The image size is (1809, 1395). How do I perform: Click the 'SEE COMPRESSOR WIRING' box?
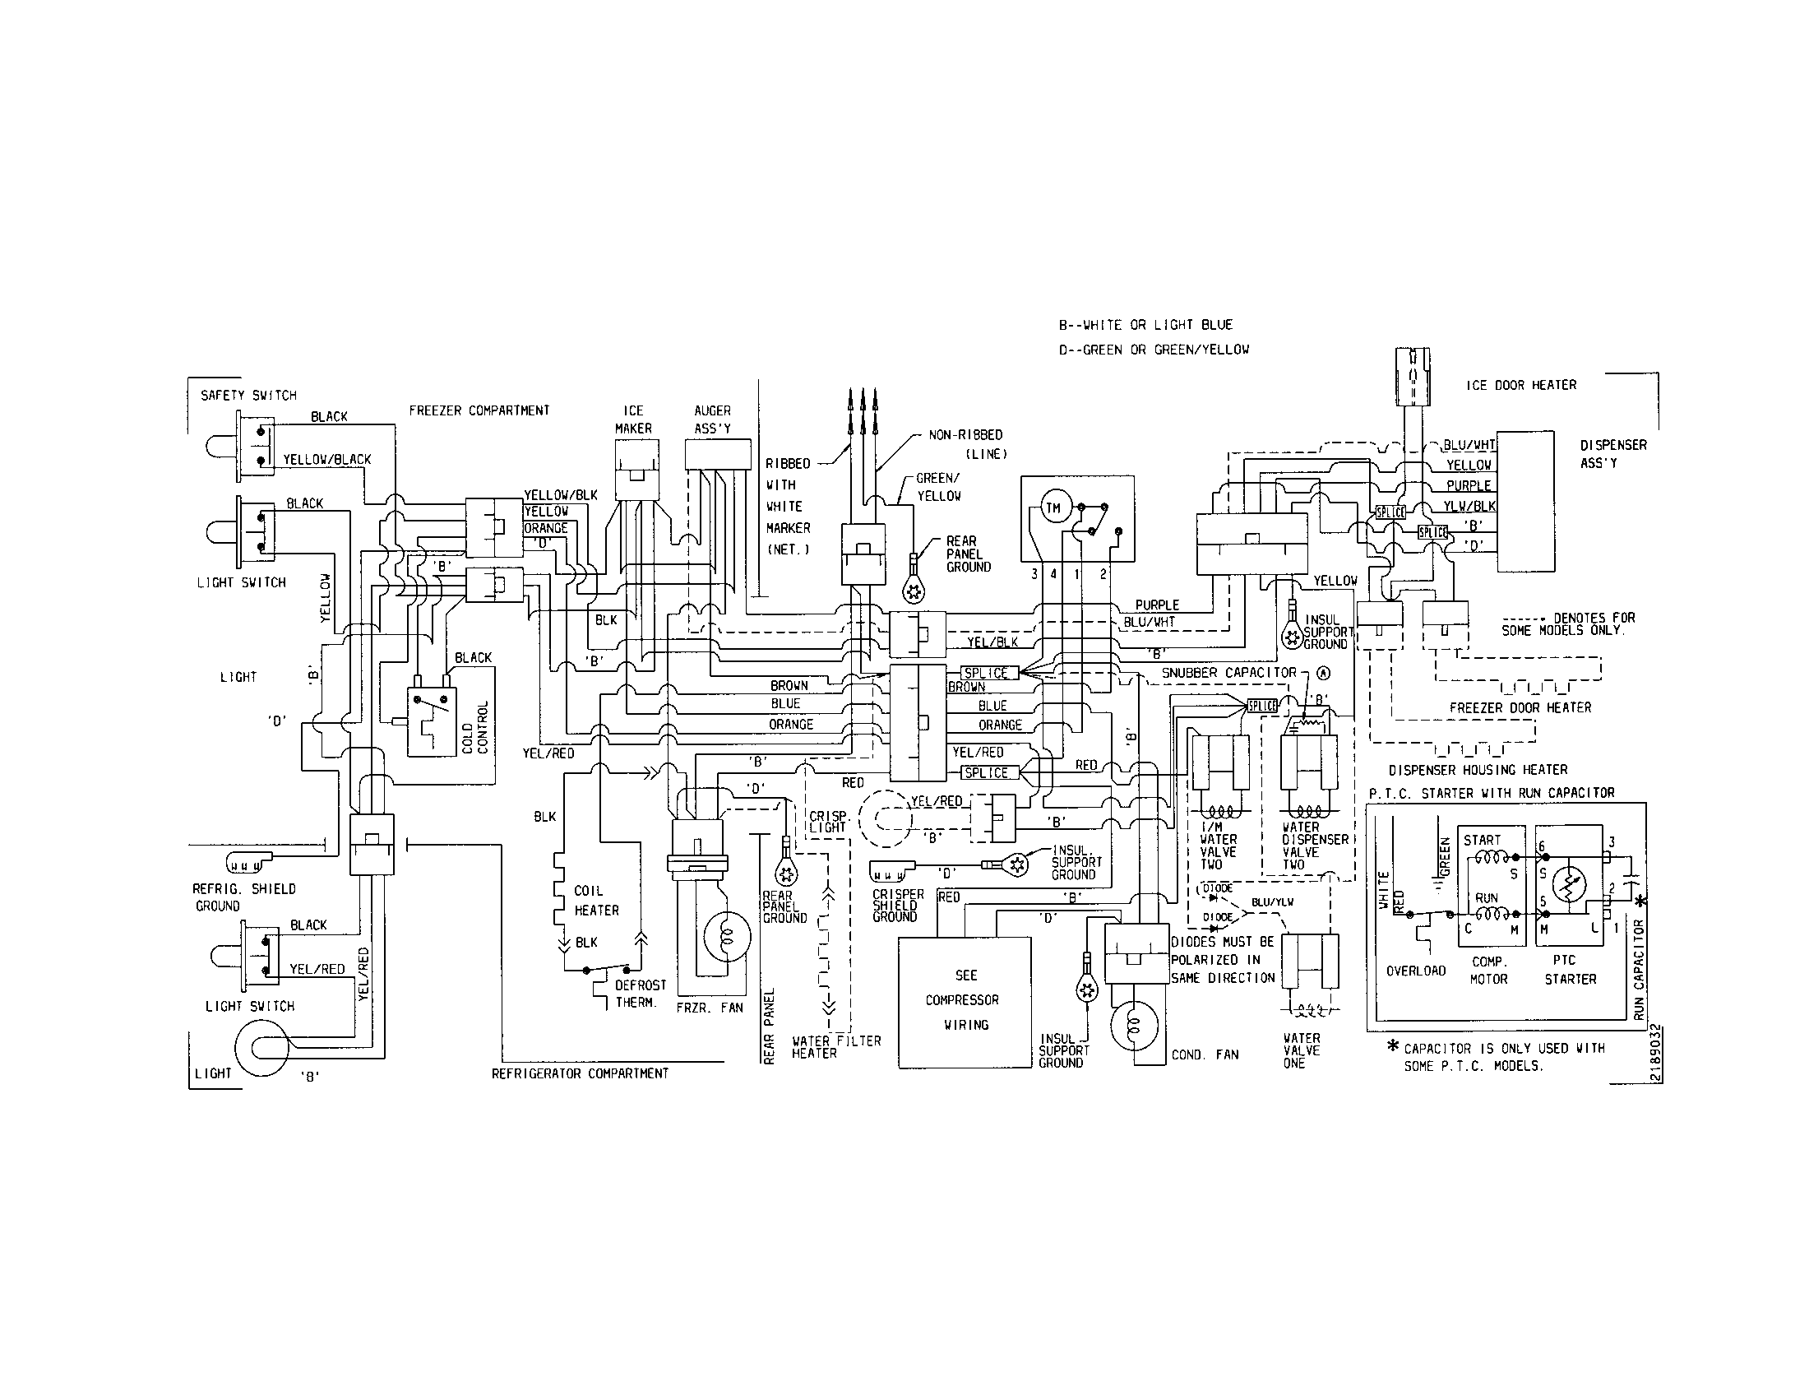[965, 1002]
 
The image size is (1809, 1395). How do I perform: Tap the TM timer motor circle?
[1053, 508]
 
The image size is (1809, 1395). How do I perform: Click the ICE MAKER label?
[633, 419]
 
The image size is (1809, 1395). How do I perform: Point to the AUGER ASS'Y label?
[712, 419]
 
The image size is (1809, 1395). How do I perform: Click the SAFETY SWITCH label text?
[248, 395]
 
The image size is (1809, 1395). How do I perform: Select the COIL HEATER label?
[596, 901]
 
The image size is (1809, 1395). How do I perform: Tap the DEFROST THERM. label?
[640, 994]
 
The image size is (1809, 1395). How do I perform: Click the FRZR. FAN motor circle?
[724, 936]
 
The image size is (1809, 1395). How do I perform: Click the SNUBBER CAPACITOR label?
[1228, 673]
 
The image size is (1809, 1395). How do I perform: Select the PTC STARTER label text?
[1570, 969]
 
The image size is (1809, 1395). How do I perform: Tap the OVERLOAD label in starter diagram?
[1416, 970]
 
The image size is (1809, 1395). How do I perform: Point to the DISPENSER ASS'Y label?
[1612, 454]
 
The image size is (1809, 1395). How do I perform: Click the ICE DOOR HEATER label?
[1520, 385]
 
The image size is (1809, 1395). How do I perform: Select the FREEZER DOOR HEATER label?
[1520, 707]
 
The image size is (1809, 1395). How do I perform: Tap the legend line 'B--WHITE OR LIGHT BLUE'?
[1145, 325]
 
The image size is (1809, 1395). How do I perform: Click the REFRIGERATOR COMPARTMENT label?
[580, 1073]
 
